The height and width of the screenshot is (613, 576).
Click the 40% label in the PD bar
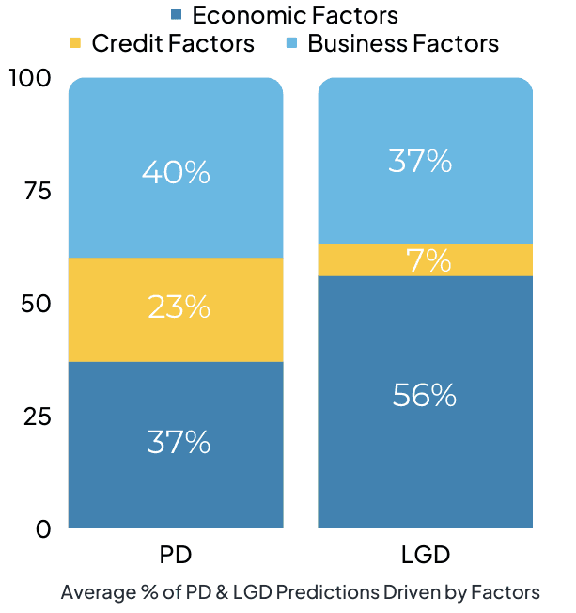[176, 172]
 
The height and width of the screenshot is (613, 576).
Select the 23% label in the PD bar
[179, 307]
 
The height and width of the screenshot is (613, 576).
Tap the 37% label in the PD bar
[179, 442]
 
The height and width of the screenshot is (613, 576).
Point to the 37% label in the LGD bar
[420, 162]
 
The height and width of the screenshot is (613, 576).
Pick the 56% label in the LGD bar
[425, 395]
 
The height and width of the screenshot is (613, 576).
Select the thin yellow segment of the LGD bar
[357, 259]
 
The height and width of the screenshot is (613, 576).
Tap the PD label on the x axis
[176, 556]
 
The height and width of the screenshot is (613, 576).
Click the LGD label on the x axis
[425, 556]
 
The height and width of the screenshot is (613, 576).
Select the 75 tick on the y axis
[37, 191]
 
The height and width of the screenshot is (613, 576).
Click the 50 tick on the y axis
[37, 304]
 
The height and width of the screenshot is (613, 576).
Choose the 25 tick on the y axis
[37, 417]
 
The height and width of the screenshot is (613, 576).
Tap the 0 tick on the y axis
[43, 529]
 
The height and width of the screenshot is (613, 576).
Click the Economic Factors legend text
[294, 16]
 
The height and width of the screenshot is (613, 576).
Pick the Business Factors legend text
[403, 43]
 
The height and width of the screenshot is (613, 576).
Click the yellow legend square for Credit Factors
[76, 43]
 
